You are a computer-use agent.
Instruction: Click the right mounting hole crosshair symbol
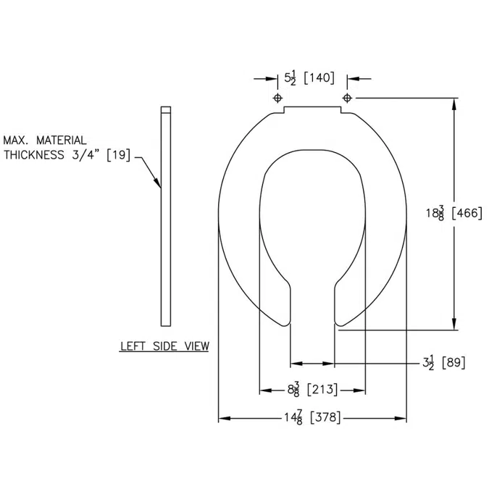(x=347, y=98)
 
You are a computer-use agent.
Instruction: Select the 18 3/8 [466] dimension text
(x=454, y=213)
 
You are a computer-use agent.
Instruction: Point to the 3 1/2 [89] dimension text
(x=443, y=362)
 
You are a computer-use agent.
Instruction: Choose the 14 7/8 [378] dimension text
(x=312, y=418)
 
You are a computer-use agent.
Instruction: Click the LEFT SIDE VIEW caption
(x=164, y=346)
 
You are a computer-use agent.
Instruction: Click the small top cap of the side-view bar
(x=166, y=111)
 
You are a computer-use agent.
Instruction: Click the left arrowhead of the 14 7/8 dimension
(x=224, y=418)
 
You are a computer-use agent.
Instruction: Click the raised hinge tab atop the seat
(x=312, y=110)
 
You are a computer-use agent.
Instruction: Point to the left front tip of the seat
(x=283, y=322)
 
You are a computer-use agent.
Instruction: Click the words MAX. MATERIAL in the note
(x=45, y=140)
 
